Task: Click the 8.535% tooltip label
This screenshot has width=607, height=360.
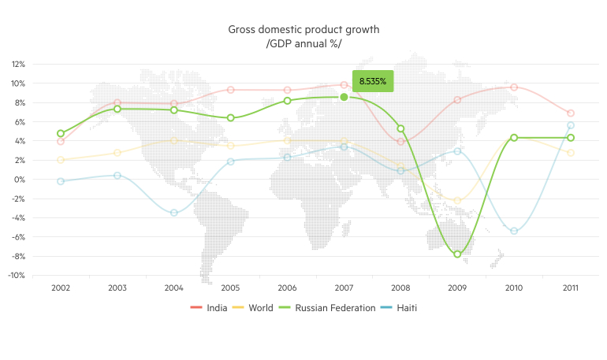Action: coord(373,81)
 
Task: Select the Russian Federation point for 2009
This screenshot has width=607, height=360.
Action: coord(457,254)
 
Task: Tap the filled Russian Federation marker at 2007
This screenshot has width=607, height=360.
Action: coord(344,97)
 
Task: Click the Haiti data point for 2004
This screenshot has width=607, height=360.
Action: coord(174,213)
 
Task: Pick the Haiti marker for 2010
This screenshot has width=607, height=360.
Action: coord(514,231)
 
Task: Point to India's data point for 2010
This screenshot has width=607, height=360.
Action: coord(514,87)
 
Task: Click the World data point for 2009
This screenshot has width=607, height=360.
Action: coord(457,201)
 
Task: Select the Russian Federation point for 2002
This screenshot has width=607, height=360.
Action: coord(61,134)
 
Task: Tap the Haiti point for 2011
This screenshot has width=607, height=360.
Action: coord(571,125)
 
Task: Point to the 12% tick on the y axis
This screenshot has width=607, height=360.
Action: coord(18,64)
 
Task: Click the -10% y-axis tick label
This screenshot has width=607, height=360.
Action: coord(17,276)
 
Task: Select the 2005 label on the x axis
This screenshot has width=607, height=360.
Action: coord(230,288)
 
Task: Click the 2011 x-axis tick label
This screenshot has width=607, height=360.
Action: coord(571,288)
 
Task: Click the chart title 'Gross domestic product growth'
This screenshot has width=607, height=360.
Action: coord(303,29)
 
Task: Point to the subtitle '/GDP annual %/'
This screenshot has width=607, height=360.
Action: coord(303,43)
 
